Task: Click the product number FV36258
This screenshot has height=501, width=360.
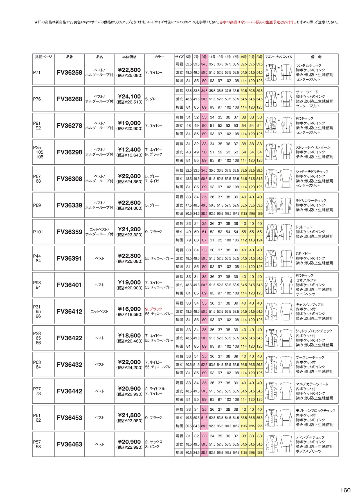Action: [69, 73]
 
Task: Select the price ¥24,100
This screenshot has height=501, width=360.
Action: [129, 97]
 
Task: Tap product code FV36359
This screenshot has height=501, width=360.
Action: [69, 232]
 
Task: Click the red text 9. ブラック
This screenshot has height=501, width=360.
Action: [154, 309]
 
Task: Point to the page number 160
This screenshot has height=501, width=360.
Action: [345, 490]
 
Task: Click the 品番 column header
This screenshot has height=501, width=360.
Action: [69, 57]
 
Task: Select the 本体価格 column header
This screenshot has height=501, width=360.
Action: [129, 57]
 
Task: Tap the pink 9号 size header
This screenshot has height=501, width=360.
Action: [204, 57]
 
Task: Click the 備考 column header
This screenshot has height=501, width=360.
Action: [316, 57]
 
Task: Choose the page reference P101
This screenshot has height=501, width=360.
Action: [38, 232]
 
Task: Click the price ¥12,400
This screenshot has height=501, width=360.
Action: [129, 150]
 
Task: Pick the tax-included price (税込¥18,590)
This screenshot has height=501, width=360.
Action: [129, 314]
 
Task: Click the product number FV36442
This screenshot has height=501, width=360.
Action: [69, 391]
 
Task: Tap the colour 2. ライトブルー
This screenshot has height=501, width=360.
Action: [157, 389]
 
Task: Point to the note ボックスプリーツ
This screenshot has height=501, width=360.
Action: [308, 451]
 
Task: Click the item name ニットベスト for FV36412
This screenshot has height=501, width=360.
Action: [99, 312]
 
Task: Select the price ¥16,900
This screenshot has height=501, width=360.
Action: [129, 309]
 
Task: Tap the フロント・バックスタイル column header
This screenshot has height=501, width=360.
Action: [279, 57]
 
